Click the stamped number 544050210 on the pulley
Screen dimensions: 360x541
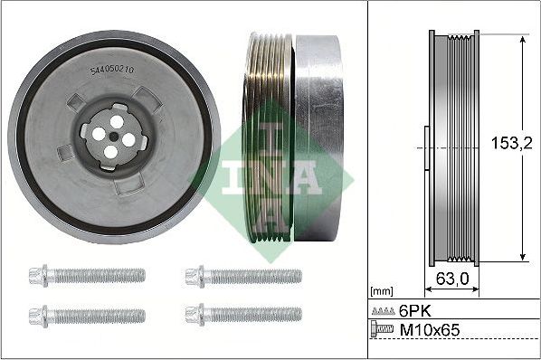pos(112,70)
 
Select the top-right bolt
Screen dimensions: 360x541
pos(242,275)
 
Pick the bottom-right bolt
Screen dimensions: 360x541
pos(242,316)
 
